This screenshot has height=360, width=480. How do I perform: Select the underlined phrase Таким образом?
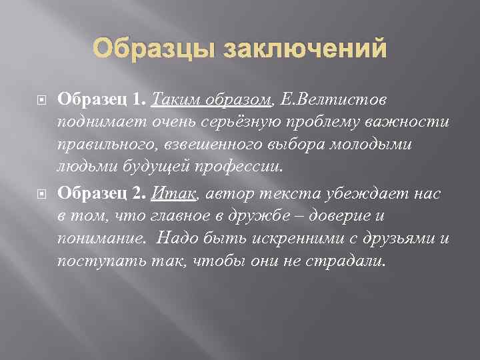click(x=212, y=99)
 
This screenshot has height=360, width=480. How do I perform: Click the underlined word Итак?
click(x=174, y=193)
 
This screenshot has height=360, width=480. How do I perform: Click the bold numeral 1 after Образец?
click(x=137, y=99)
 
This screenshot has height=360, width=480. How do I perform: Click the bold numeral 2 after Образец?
click(x=138, y=193)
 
